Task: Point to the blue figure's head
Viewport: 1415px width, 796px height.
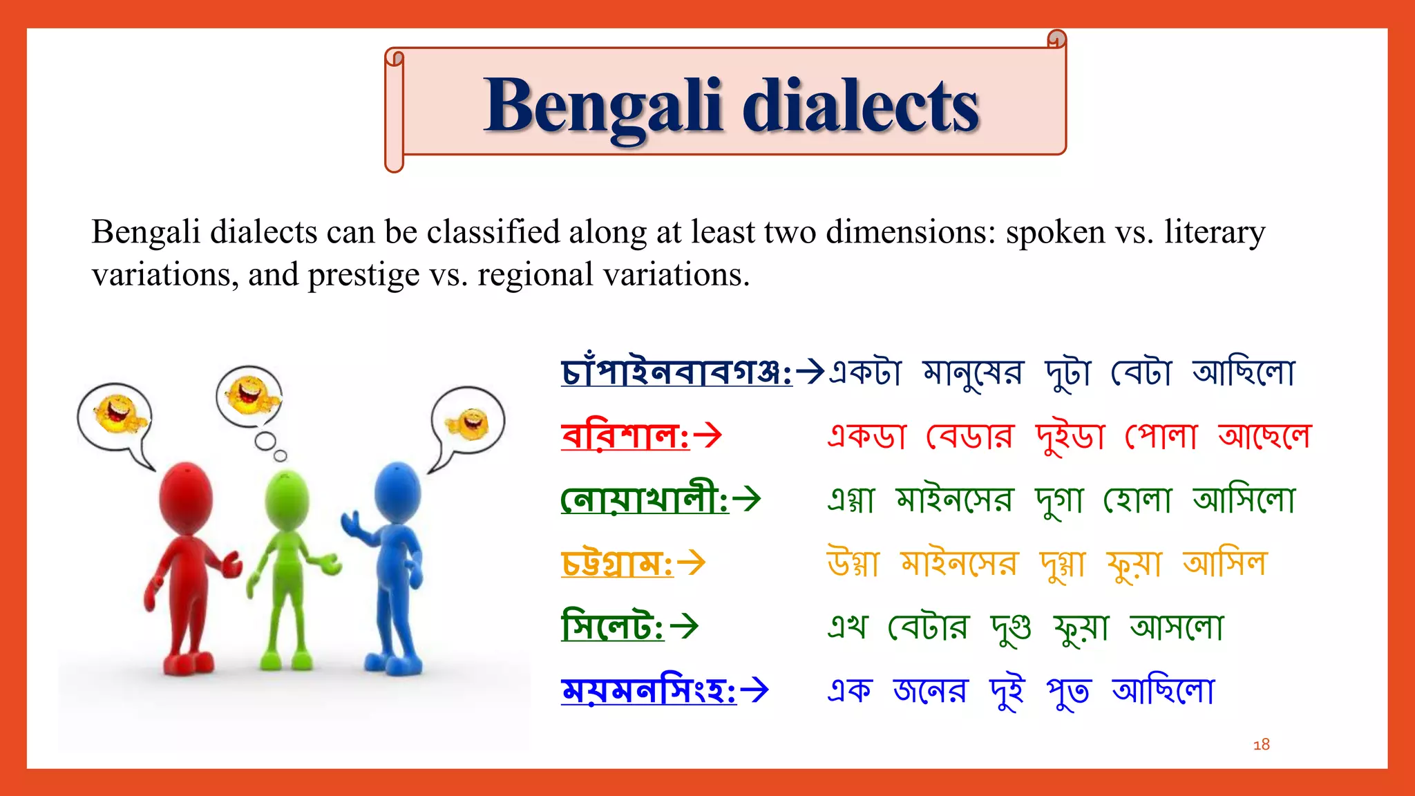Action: pos(397,491)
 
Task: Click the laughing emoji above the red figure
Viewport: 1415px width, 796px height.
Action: pos(117,414)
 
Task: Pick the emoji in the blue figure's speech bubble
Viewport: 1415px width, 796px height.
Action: pos(469,423)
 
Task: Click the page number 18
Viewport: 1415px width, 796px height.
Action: pos(1261,744)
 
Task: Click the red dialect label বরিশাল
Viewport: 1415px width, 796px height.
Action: pos(625,436)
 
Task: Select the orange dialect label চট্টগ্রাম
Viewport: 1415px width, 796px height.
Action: pos(616,563)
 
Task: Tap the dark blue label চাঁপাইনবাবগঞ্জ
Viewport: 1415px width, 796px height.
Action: pos(676,372)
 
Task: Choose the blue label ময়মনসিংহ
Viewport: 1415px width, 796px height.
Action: pos(648,690)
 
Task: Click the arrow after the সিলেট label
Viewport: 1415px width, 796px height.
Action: pos(685,627)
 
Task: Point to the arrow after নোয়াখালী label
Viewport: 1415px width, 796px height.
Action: pos(747,499)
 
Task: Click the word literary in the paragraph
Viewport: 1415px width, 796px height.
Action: pos(1214,231)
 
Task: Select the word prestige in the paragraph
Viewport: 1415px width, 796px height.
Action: pos(363,275)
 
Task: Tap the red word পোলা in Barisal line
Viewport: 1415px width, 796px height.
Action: pos(1161,436)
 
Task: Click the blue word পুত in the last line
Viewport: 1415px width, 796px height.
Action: pos(1068,691)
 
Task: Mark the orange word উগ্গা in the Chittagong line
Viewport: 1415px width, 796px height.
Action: pos(853,563)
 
